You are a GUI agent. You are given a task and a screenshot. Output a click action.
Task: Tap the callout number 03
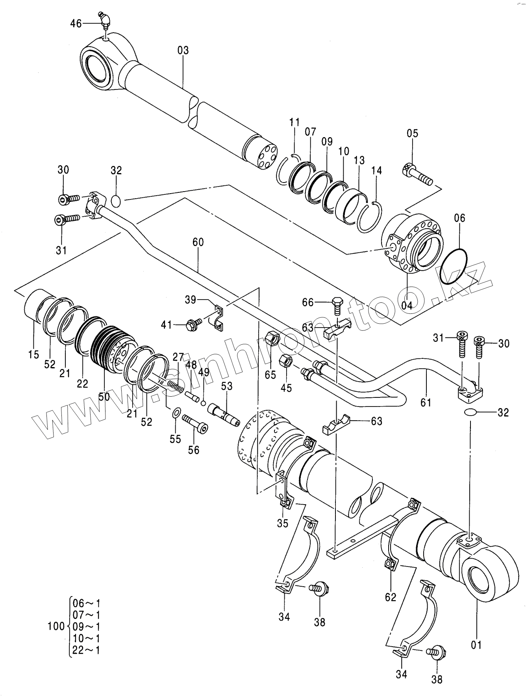183,51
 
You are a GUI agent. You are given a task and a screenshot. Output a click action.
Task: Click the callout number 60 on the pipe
198,242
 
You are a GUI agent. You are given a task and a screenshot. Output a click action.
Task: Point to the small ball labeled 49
203,403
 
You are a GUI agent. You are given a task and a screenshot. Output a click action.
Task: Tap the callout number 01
476,645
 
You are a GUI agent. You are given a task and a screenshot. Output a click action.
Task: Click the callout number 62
391,597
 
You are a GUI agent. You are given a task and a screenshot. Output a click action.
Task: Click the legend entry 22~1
87,650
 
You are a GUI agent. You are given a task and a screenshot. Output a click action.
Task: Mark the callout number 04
407,305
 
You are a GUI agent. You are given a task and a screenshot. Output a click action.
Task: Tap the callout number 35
283,524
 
